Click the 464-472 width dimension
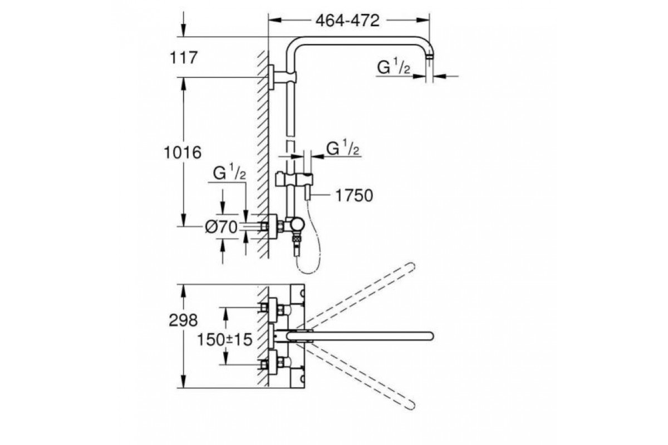[x=347, y=21]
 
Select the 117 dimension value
[x=184, y=57]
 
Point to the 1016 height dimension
[x=183, y=152]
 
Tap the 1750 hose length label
[x=354, y=196]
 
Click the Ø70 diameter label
[x=222, y=228]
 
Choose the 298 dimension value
[x=183, y=320]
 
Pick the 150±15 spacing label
[x=225, y=340]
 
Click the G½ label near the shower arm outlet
[x=394, y=67]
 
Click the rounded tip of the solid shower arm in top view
[x=430, y=336]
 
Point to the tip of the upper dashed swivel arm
[x=411, y=266]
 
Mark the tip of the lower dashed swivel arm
[x=411, y=406]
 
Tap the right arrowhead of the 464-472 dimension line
[x=423, y=20]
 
